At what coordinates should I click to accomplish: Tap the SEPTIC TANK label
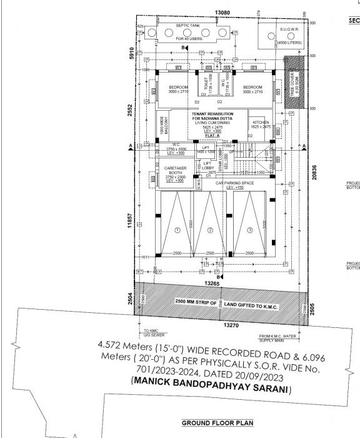[x=187, y=26]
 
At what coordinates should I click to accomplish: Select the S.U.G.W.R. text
[x=290, y=29]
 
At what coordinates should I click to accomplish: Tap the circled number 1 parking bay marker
[x=177, y=230]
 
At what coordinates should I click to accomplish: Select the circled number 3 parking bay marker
[x=250, y=230]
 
